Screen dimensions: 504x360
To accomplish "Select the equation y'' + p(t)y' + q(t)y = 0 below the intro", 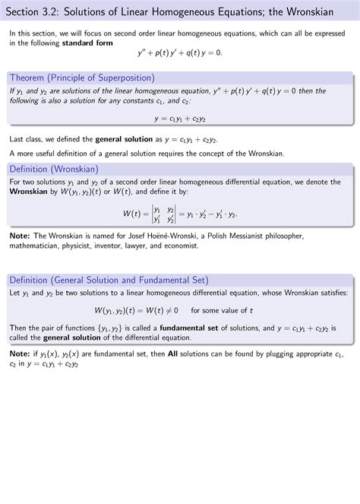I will pyautogui.click(x=179, y=54).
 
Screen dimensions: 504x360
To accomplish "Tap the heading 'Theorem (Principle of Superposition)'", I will pyautogui.click(x=81, y=78).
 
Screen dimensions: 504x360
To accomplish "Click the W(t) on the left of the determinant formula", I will pyautogui.click(x=131, y=214).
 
